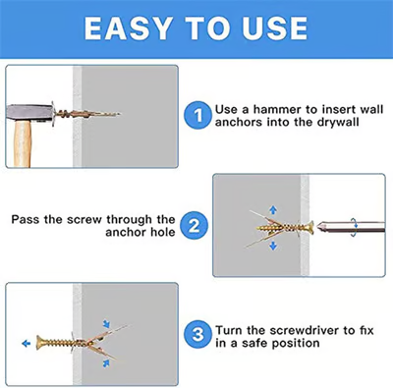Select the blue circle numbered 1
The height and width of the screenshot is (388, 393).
click(x=198, y=116)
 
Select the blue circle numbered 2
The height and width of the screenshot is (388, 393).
click(x=194, y=226)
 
